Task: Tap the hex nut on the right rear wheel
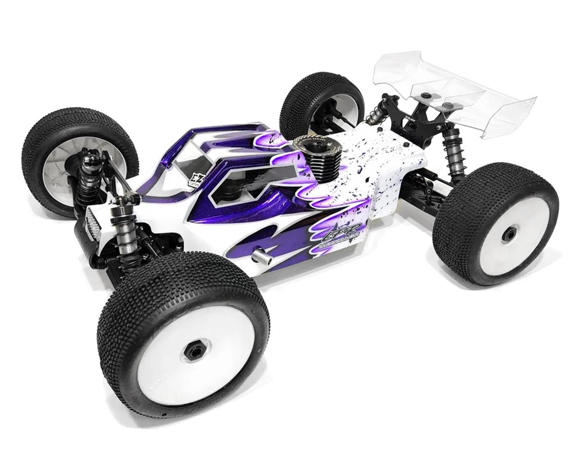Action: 508,234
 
